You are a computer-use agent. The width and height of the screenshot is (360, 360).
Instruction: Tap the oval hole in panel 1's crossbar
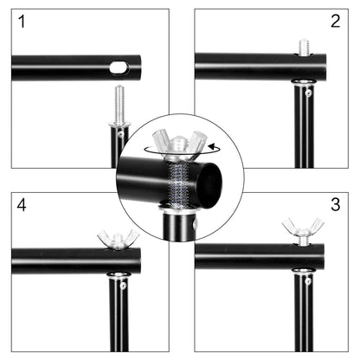coord(119,67)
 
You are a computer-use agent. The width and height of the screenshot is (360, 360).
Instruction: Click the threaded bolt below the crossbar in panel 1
coord(119,103)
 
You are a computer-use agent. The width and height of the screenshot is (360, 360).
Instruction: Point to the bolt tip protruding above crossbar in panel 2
coord(304,47)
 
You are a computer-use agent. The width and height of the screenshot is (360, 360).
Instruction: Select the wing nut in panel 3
coord(302,231)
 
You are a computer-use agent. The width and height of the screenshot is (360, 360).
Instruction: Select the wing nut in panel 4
coord(118,238)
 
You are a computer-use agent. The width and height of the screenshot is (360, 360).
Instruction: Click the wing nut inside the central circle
coord(179,140)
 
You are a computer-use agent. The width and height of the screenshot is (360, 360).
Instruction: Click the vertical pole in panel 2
coord(303,130)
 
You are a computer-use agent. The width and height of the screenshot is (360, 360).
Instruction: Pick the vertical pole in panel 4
coord(119,320)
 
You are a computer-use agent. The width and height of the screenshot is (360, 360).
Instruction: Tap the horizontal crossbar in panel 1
coord(61,67)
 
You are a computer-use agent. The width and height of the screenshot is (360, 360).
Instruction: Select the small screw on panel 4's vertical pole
coord(124,286)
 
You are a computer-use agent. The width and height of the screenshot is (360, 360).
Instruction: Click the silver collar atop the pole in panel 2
coord(303,83)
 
